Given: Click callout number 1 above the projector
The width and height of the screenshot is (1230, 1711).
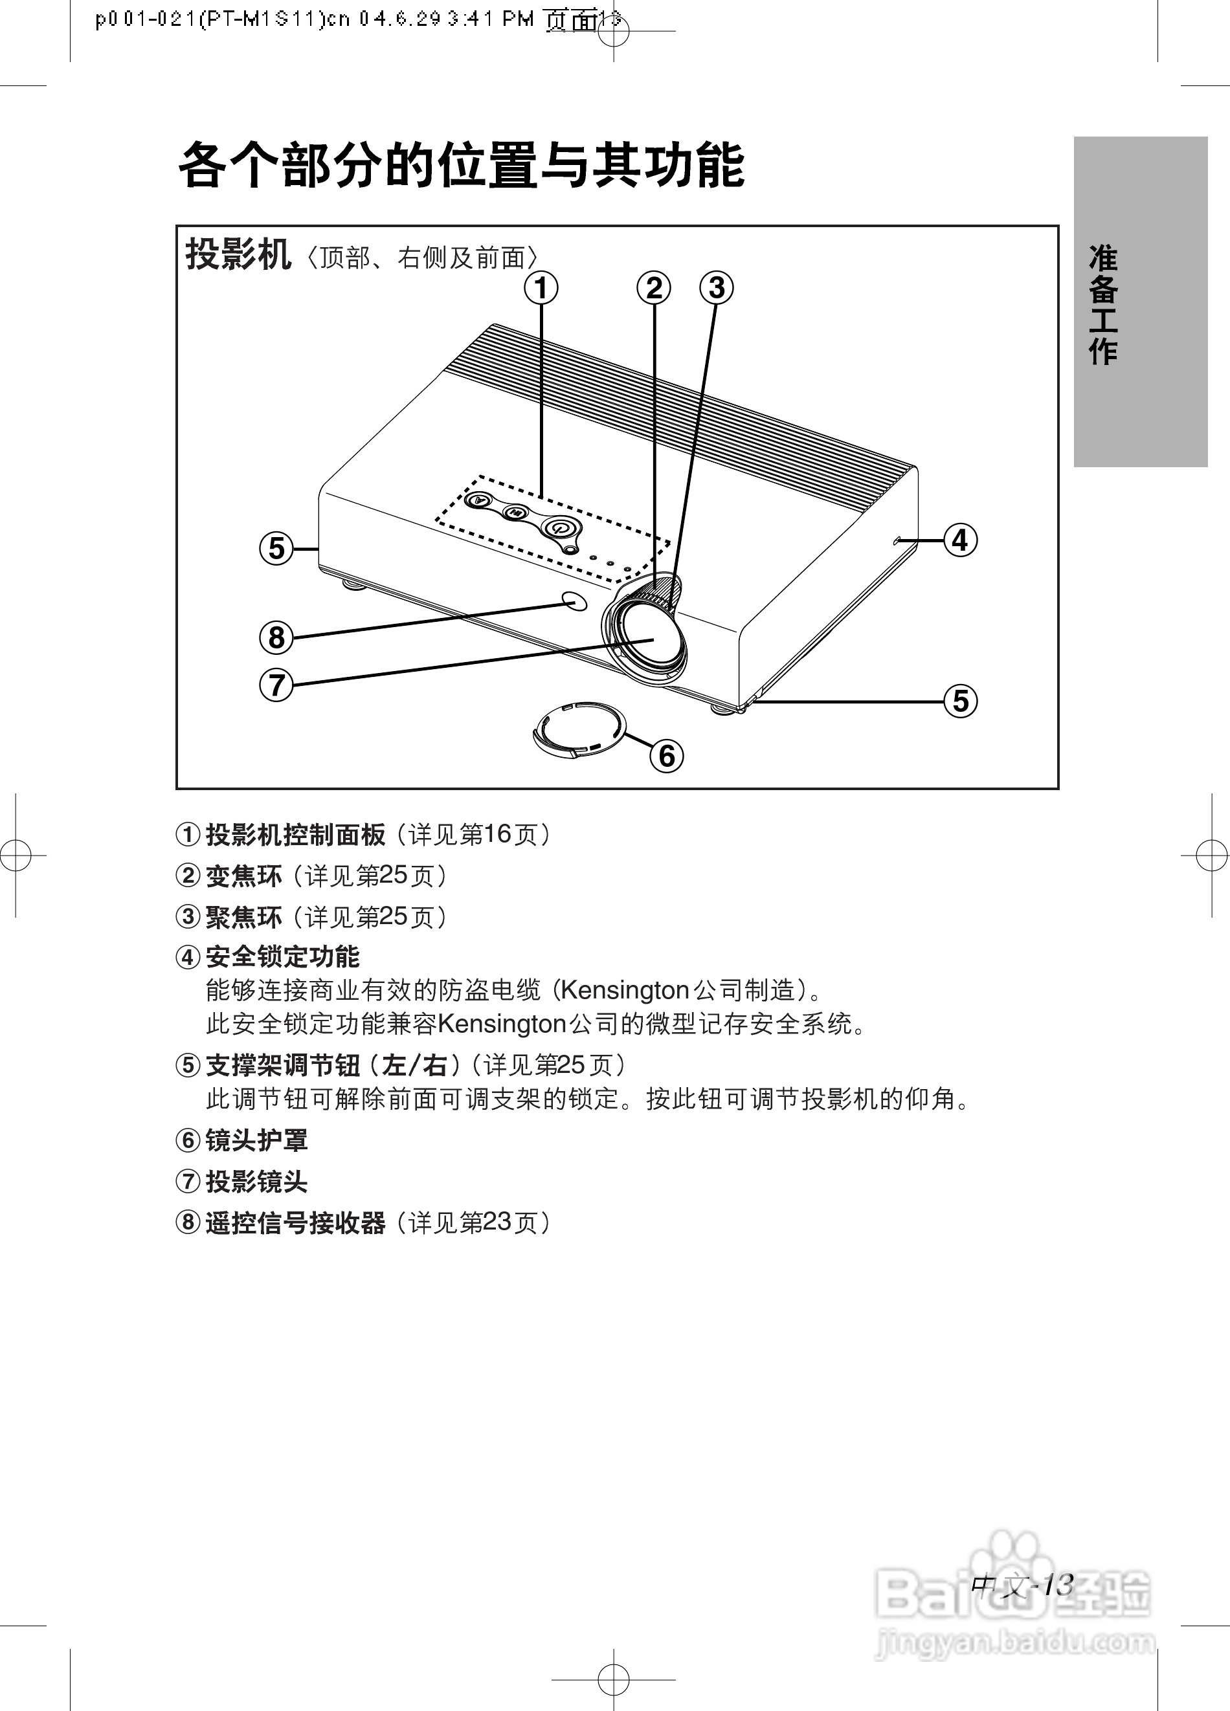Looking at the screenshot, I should click(x=541, y=288).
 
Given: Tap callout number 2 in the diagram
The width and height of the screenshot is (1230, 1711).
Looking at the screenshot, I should click(x=653, y=288).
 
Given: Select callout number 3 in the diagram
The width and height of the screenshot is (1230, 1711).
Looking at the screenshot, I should click(x=716, y=288).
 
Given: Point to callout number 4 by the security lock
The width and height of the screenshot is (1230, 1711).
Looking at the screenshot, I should click(x=960, y=540).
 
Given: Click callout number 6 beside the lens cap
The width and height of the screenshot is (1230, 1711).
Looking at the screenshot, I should click(x=667, y=756).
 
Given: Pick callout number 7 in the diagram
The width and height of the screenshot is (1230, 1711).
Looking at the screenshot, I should click(x=276, y=685).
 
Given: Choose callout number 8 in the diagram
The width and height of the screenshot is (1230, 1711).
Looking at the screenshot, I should click(x=276, y=637).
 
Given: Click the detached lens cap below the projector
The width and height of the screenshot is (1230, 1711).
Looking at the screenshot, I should click(x=579, y=729).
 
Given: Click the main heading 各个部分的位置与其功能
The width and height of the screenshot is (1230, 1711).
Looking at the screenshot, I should click(x=461, y=164).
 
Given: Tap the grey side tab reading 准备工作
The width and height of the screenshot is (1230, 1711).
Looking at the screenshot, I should click(x=1139, y=302).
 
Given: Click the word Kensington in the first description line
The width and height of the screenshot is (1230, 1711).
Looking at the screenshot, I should click(x=624, y=990).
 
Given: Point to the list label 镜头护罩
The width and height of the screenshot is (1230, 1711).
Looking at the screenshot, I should click(x=256, y=1140).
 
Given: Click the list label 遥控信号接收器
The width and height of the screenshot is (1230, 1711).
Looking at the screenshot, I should click(x=295, y=1223).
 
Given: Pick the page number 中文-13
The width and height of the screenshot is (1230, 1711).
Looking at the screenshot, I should click(x=1022, y=1585).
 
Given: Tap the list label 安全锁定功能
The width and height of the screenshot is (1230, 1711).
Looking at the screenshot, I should click(x=282, y=956).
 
